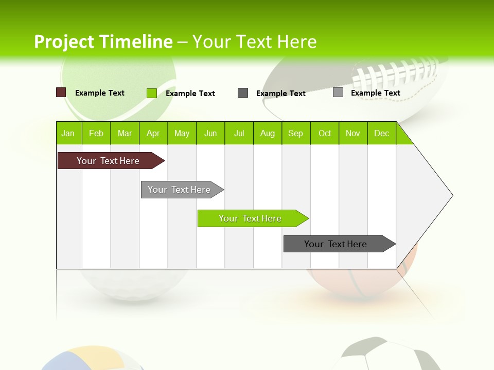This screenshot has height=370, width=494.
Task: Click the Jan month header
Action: point(68,134)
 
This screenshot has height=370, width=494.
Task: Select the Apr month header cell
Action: point(153,134)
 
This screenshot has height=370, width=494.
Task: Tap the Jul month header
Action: point(239,134)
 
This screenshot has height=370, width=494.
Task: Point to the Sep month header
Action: point(295,134)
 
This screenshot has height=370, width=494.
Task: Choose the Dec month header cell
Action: point(381,134)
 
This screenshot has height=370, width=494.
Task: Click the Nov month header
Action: point(352,134)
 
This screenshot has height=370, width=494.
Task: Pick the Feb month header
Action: point(96,134)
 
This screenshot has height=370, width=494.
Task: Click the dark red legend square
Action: point(61,92)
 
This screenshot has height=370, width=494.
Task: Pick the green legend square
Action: point(152,93)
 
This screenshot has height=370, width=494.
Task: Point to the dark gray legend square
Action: point(243,93)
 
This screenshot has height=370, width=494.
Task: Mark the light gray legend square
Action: point(338,92)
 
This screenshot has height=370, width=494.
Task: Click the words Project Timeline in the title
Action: point(103,42)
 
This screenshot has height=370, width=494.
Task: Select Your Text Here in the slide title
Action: point(254,42)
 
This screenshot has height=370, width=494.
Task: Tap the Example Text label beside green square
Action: point(190,94)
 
